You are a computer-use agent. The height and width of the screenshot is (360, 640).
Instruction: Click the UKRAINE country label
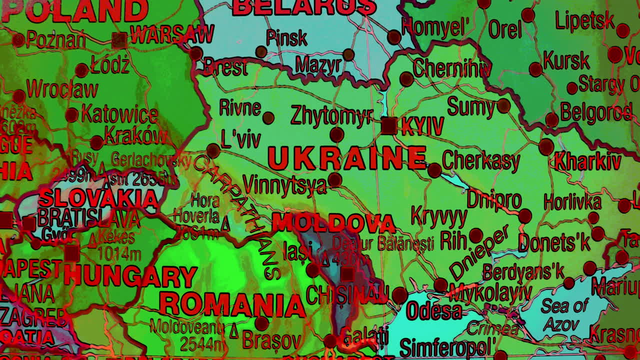point(346,158)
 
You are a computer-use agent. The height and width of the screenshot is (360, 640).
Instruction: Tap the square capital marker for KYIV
point(389,125)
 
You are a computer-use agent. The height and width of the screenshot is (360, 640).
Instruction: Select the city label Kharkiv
point(587,162)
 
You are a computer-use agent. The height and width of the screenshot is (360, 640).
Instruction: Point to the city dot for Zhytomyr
point(336,134)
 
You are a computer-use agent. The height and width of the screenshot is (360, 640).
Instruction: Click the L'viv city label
point(240,139)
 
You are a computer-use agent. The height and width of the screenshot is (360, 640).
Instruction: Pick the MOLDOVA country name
point(333,223)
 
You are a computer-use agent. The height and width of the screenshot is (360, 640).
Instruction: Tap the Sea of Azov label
point(564,315)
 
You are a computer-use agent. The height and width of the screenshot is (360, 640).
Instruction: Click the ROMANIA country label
point(232,304)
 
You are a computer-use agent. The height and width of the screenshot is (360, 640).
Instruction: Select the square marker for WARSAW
point(119,40)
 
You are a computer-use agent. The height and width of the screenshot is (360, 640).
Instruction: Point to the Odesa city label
point(434,311)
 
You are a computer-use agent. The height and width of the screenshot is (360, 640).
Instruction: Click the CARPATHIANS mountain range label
point(235,215)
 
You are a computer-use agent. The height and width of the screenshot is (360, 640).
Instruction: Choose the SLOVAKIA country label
point(98,198)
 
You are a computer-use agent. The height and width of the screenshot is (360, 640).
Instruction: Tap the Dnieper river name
point(479,252)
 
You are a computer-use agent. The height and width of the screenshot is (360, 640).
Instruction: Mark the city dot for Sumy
point(503,105)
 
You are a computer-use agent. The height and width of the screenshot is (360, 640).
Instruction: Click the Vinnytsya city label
point(284,185)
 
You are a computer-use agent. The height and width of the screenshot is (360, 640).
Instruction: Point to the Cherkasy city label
point(481,161)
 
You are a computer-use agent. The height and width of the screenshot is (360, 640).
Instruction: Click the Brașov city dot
point(261,323)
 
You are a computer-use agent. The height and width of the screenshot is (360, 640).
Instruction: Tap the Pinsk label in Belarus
point(286,37)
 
